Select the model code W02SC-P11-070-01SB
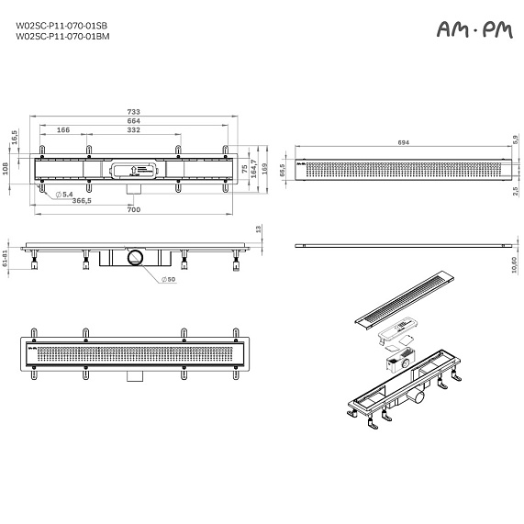point(55,26)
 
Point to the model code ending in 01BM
point(55,37)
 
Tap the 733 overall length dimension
point(134,113)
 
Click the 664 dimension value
point(134,122)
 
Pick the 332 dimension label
point(134,131)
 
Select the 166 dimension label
point(63,131)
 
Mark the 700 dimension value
point(134,210)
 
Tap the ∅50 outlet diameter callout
point(170,279)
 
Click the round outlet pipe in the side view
point(136,257)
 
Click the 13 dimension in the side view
point(259,229)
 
